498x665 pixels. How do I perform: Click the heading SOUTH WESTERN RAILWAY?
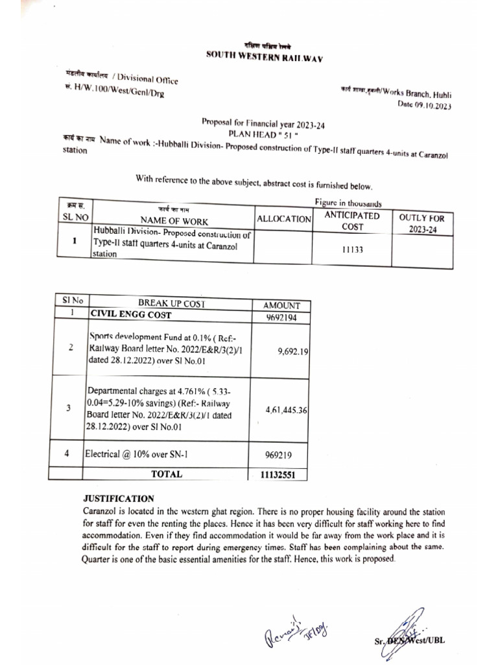(x=265, y=56)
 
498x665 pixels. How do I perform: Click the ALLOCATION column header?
(x=284, y=220)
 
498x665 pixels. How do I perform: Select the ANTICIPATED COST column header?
(x=352, y=220)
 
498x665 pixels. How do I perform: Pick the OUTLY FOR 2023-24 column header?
(x=422, y=224)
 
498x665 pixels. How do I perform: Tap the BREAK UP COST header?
(x=171, y=303)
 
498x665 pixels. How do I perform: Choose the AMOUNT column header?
(x=281, y=305)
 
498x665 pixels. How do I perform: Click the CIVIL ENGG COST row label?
(x=131, y=315)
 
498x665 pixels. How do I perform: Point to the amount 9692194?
(x=281, y=317)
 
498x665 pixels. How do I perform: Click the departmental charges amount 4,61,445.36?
(x=286, y=410)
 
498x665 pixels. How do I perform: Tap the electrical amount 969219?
(x=281, y=455)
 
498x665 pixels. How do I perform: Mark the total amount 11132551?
(x=278, y=475)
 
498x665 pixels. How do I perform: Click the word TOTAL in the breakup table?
(x=167, y=474)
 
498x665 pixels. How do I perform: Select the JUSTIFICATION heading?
(x=119, y=498)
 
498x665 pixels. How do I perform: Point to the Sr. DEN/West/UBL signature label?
(x=409, y=640)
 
